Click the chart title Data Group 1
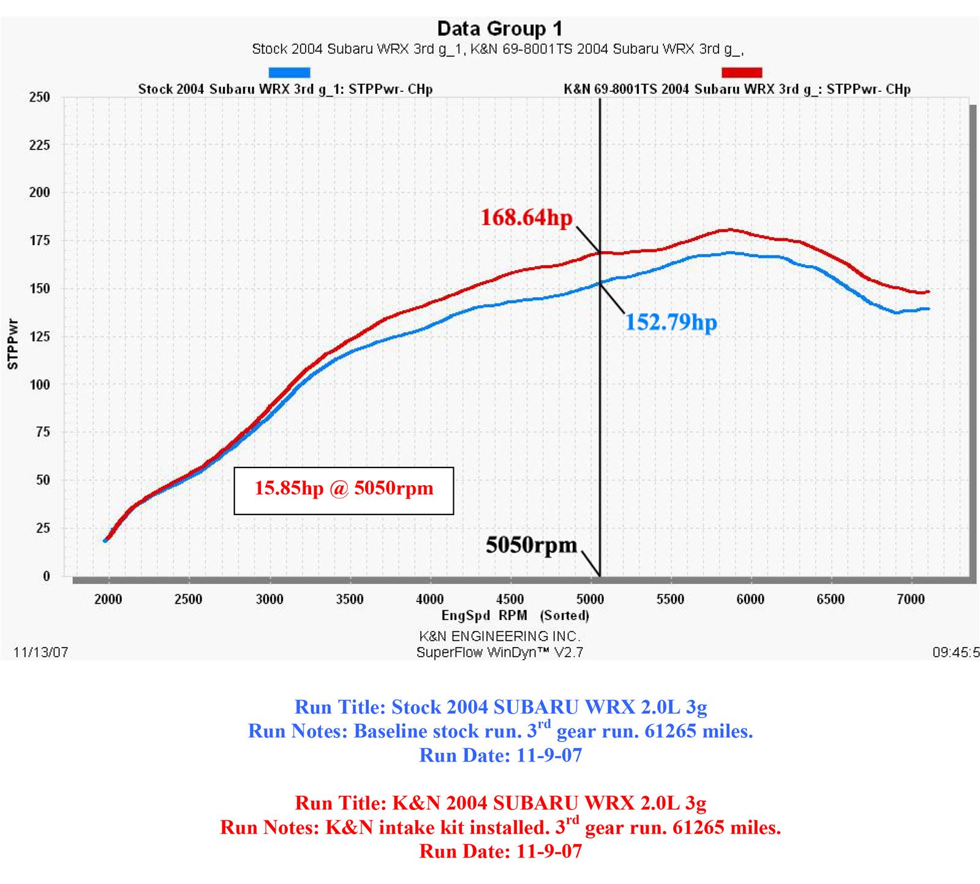tap(499, 29)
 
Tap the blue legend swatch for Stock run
tap(290, 73)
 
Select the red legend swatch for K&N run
tap(742, 73)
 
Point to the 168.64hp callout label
tap(526, 217)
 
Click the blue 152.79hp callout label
tap(671, 322)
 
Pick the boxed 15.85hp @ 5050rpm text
tap(344, 489)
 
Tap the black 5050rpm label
tap(531, 545)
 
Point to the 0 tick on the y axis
tap(46, 576)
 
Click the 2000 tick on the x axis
tap(108, 599)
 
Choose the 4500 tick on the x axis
tap(510, 599)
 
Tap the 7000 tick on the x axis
tap(911, 599)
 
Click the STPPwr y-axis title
tap(13, 344)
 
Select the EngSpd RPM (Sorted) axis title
tap(515, 615)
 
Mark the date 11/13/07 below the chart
tap(40, 652)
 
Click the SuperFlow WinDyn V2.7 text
tap(499, 652)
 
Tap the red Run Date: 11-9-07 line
tap(500, 851)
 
